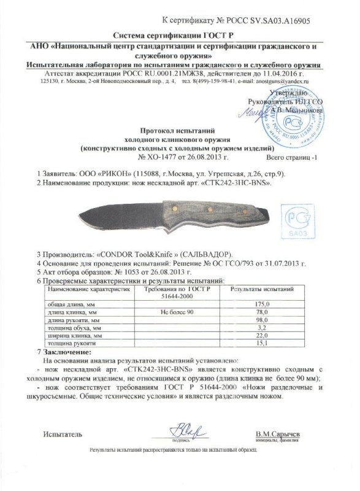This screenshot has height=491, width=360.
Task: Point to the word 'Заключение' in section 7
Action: tap(69, 355)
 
